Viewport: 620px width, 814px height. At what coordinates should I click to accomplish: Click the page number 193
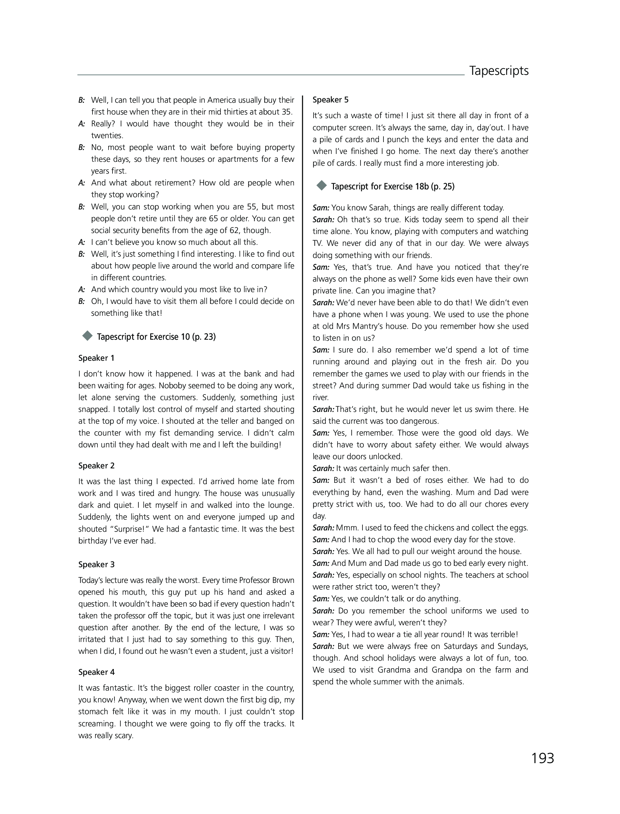[543, 758]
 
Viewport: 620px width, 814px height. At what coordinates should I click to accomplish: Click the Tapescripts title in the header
[499, 71]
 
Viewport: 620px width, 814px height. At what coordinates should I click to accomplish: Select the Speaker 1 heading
[96, 358]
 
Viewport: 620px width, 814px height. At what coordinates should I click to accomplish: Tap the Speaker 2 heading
[96, 465]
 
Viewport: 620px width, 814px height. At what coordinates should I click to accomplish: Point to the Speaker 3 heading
[96, 565]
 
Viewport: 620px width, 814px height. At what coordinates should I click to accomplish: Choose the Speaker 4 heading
[96, 672]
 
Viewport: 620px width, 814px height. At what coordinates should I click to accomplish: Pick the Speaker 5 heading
[330, 100]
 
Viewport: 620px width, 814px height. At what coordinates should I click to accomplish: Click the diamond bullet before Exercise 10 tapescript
[88, 336]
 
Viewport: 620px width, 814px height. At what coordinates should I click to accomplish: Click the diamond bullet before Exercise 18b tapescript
[322, 186]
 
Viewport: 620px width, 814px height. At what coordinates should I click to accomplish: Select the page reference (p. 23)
[204, 337]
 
